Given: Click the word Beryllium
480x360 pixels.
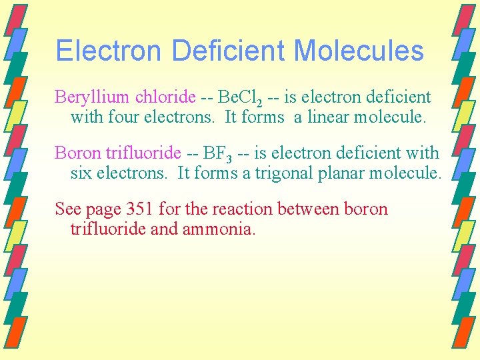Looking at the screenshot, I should tap(91, 97).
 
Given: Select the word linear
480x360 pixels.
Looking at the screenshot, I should tap(328, 118).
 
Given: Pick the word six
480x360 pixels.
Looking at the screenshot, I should tap(81, 174).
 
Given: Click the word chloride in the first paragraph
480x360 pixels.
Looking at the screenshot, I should tap(165, 97).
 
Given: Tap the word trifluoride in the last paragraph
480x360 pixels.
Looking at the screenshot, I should tap(102, 230).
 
